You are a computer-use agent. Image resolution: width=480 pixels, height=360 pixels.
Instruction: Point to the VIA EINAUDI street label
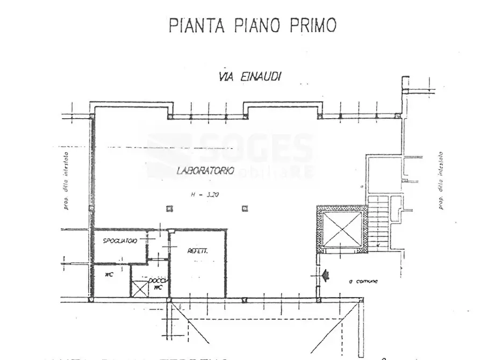250,77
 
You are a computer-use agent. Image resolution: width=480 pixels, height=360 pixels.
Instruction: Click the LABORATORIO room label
205,171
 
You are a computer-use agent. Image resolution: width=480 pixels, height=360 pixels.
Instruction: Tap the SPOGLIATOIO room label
120,241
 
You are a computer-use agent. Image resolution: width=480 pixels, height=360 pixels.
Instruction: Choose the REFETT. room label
198,251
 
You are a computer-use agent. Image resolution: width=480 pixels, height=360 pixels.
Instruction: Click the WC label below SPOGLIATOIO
109,275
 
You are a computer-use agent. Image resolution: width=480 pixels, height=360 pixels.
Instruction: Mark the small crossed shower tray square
140,289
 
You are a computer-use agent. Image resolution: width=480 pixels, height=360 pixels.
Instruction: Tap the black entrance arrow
325,276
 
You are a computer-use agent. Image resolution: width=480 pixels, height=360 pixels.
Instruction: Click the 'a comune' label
363,281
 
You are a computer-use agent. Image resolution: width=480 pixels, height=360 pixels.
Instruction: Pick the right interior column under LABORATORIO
245,208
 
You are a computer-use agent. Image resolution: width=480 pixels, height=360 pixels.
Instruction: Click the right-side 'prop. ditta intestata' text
441,181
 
